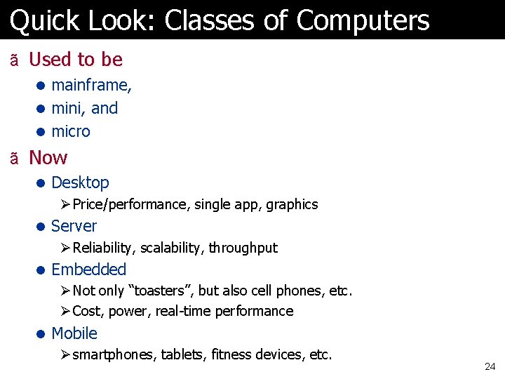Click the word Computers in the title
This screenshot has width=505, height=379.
coord(363,21)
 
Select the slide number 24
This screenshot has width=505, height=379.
coord(490,366)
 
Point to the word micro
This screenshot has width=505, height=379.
coord(71,131)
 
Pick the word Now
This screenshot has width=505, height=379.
coord(48,157)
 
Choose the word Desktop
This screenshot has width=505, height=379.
coord(80,182)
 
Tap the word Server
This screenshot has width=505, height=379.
coord(74,226)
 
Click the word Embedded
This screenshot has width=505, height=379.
coord(88,270)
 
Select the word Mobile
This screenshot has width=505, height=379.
coord(74,333)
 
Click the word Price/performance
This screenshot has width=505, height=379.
coord(130,204)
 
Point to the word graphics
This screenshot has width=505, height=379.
coord(290,204)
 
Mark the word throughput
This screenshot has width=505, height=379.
coord(243,248)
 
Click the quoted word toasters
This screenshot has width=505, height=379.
coord(156,291)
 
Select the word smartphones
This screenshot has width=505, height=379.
coord(114,354)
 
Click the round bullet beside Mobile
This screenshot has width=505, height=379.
coord(41,334)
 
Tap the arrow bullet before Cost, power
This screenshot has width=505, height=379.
coord(65,311)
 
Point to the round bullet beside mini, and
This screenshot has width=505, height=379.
coord(41,109)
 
